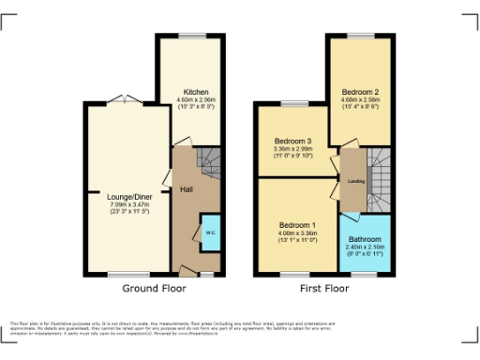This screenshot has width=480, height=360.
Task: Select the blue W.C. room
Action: (210, 232)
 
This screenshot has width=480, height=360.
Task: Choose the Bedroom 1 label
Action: (298, 226)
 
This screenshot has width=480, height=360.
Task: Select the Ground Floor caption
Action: (155, 289)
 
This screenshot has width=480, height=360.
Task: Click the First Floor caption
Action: (323, 289)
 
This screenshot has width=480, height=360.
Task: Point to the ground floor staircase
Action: (209, 166)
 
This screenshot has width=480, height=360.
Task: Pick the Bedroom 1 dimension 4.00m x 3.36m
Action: (298, 234)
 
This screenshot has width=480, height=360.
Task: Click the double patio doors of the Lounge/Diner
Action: (119, 99)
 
